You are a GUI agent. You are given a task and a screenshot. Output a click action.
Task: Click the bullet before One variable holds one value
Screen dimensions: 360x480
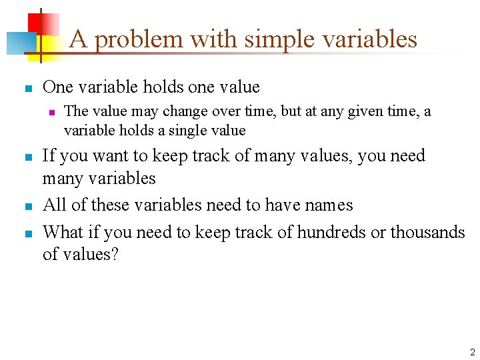pyautogui.click(x=26, y=88)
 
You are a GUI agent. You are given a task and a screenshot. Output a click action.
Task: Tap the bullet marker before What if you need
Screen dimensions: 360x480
pyautogui.click(x=26, y=233)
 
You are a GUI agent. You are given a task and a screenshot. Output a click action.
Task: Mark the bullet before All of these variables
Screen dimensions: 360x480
pyautogui.click(x=26, y=206)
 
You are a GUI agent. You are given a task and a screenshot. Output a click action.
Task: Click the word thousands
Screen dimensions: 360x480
pyautogui.click(x=427, y=232)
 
